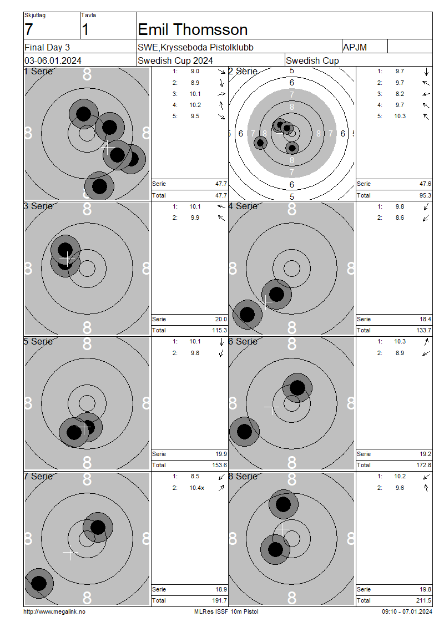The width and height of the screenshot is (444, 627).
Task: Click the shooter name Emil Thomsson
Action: (x=193, y=29)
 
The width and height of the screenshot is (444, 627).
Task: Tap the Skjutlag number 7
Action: (x=28, y=29)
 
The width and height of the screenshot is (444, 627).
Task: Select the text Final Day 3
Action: (x=47, y=48)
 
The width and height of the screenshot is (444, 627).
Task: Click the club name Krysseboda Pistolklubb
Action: (x=207, y=48)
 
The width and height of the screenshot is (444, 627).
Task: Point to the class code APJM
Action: (x=355, y=48)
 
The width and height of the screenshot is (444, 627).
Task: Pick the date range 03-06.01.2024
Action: (x=53, y=61)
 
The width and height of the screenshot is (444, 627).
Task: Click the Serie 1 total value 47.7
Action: (x=221, y=184)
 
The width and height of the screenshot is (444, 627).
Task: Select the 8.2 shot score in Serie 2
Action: (x=400, y=94)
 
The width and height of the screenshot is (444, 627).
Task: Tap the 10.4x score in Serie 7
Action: (x=197, y=488)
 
